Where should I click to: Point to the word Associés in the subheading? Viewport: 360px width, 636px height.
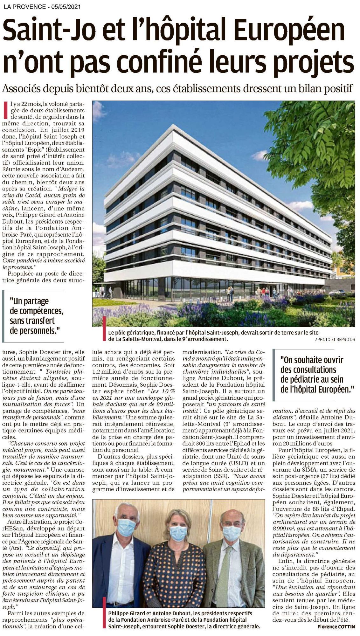21,88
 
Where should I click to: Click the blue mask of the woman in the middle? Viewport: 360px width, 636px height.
178,540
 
